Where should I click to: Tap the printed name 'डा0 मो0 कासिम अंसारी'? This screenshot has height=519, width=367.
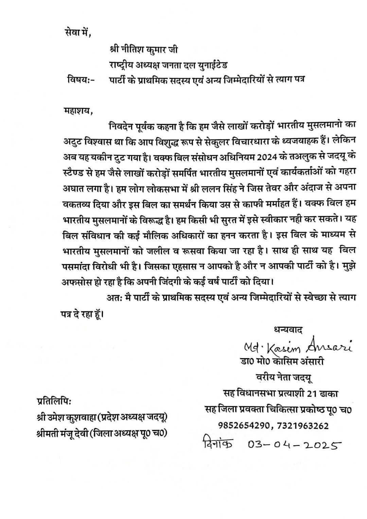pos(281,362)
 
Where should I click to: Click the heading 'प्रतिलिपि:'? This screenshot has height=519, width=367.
pos(54,401)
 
